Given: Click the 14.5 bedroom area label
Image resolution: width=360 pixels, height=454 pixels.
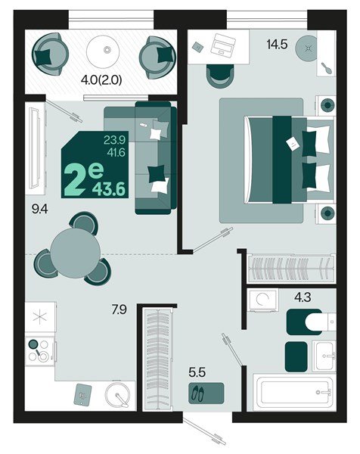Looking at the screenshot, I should (278, 45).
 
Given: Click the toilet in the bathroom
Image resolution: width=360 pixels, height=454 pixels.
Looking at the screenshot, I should (308, 323).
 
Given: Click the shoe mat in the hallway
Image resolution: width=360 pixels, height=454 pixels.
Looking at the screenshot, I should (206, 393).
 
